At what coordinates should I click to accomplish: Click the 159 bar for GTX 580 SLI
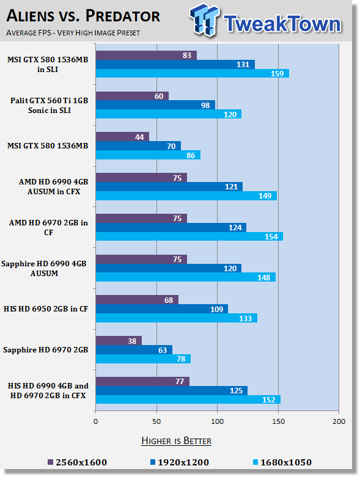(193, 73)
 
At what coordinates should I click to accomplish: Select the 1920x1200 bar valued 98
(155, 105)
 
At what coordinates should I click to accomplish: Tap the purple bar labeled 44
(122, 137)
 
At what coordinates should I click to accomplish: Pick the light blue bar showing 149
(186, 195)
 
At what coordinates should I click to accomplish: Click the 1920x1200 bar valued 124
(171, 227)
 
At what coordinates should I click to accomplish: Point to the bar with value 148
(186, 277)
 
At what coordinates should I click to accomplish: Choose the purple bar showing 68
(137, 300)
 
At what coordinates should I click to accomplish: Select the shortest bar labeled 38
(119, 341)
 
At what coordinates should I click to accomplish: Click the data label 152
(268, 399)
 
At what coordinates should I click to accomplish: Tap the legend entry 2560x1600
(78, 462)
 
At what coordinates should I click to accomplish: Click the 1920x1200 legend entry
(180, 462)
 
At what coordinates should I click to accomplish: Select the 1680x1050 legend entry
(282, 462)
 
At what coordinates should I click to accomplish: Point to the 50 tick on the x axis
(156, 421)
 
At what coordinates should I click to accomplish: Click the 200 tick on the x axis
(339, 421)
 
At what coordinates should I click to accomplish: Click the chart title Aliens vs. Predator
(83, 16)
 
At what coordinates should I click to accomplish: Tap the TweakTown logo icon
(204, 20)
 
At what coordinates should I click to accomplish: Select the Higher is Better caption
(176, 441)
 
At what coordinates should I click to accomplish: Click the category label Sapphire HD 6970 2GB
(46, 350)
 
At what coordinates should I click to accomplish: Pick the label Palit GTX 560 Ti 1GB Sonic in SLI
(50, 105)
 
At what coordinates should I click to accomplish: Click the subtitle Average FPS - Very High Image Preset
(73, 32)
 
